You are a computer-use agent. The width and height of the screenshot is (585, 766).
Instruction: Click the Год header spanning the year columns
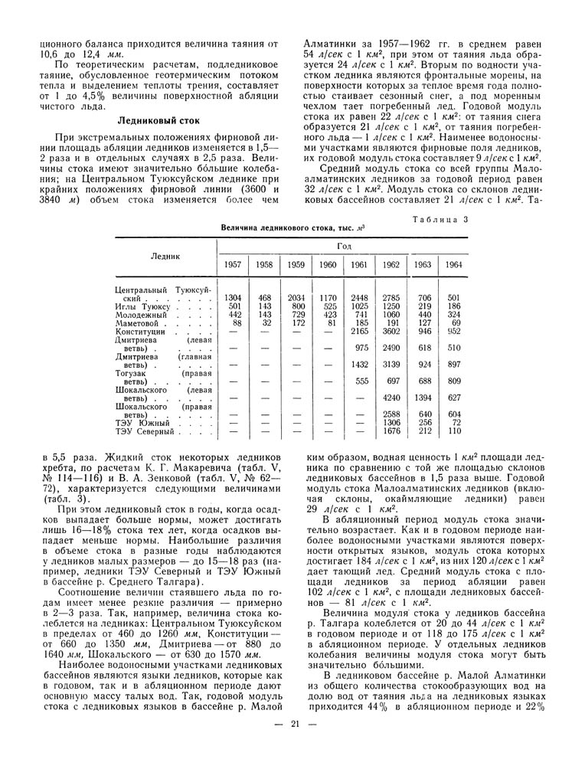[344, 246]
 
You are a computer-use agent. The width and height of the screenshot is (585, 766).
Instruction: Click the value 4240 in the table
[391, 397]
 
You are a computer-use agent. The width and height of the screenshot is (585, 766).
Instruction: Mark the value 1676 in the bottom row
[391, 430]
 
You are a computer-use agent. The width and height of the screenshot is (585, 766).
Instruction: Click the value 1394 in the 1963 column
[423, 397]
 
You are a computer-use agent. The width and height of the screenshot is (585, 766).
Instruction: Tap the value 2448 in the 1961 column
[359, 297]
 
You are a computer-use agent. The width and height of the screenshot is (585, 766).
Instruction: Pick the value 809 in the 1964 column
[454, 380]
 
